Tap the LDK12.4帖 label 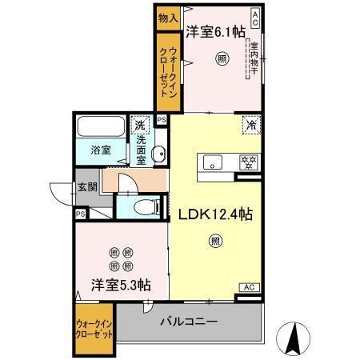(x=215, y=214)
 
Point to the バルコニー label (x=189, y=322)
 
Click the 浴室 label (x=101, y=150)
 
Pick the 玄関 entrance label (x=87, y=188)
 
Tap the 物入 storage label (x=167, y=17)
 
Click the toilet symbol (x=145, y=206)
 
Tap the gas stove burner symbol (x=249, y=162)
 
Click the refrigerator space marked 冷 (x=250, y=125)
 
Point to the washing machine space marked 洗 (x=141, y=125)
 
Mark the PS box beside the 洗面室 (x=162, y=120)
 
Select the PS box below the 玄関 (x=80, y=214)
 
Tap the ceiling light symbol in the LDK (x=215, y=239)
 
